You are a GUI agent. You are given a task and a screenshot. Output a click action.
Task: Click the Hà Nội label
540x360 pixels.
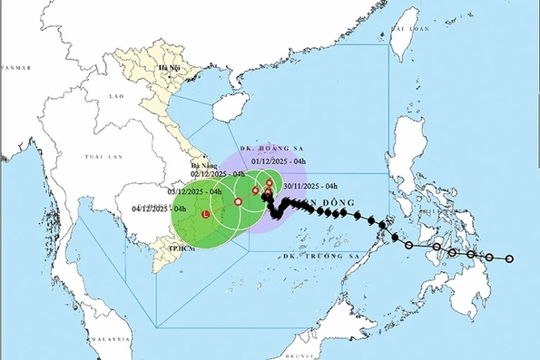coord(167,67)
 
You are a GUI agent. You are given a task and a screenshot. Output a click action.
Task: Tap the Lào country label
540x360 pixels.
coord(115,94)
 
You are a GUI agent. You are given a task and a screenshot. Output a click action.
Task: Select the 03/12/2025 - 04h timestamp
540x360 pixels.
coord(194,192)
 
